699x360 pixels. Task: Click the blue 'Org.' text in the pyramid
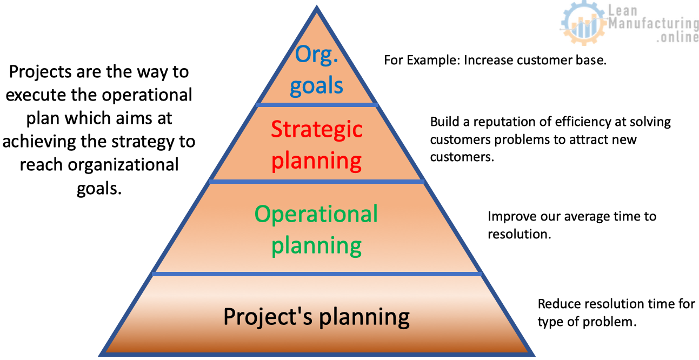tap(316, 56)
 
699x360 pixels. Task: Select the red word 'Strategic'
tap(316, 130)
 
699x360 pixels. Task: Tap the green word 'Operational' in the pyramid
tap(316, 214)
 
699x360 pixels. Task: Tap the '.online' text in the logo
tap(677, 38)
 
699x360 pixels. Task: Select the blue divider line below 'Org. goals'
tap(316, 103)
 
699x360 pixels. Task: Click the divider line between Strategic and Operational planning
tap(316, 182)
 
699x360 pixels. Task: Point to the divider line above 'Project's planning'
tap(316, 274)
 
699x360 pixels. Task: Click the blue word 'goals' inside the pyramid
tap(316, 86)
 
